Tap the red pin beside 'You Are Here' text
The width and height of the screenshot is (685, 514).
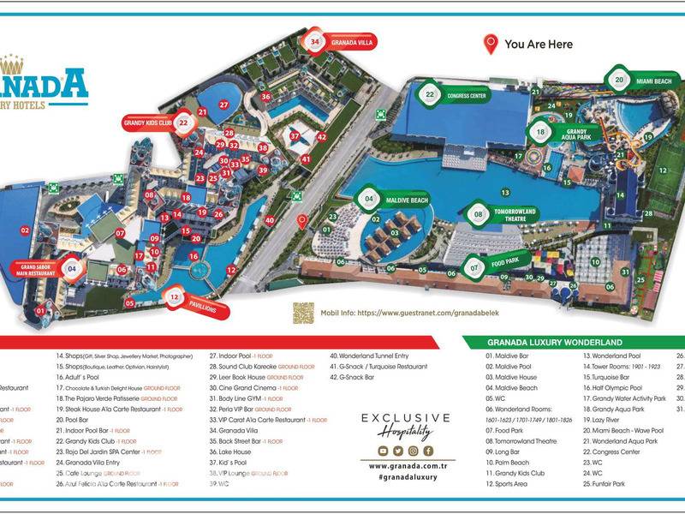click(x=491, y=45)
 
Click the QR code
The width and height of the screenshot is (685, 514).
click(x=303, y=314)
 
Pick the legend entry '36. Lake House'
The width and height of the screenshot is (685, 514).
click(x=230, y=451)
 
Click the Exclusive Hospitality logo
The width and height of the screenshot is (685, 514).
click(x=406, y=425)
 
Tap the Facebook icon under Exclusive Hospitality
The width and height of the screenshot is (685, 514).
click(x=428, y=451)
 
